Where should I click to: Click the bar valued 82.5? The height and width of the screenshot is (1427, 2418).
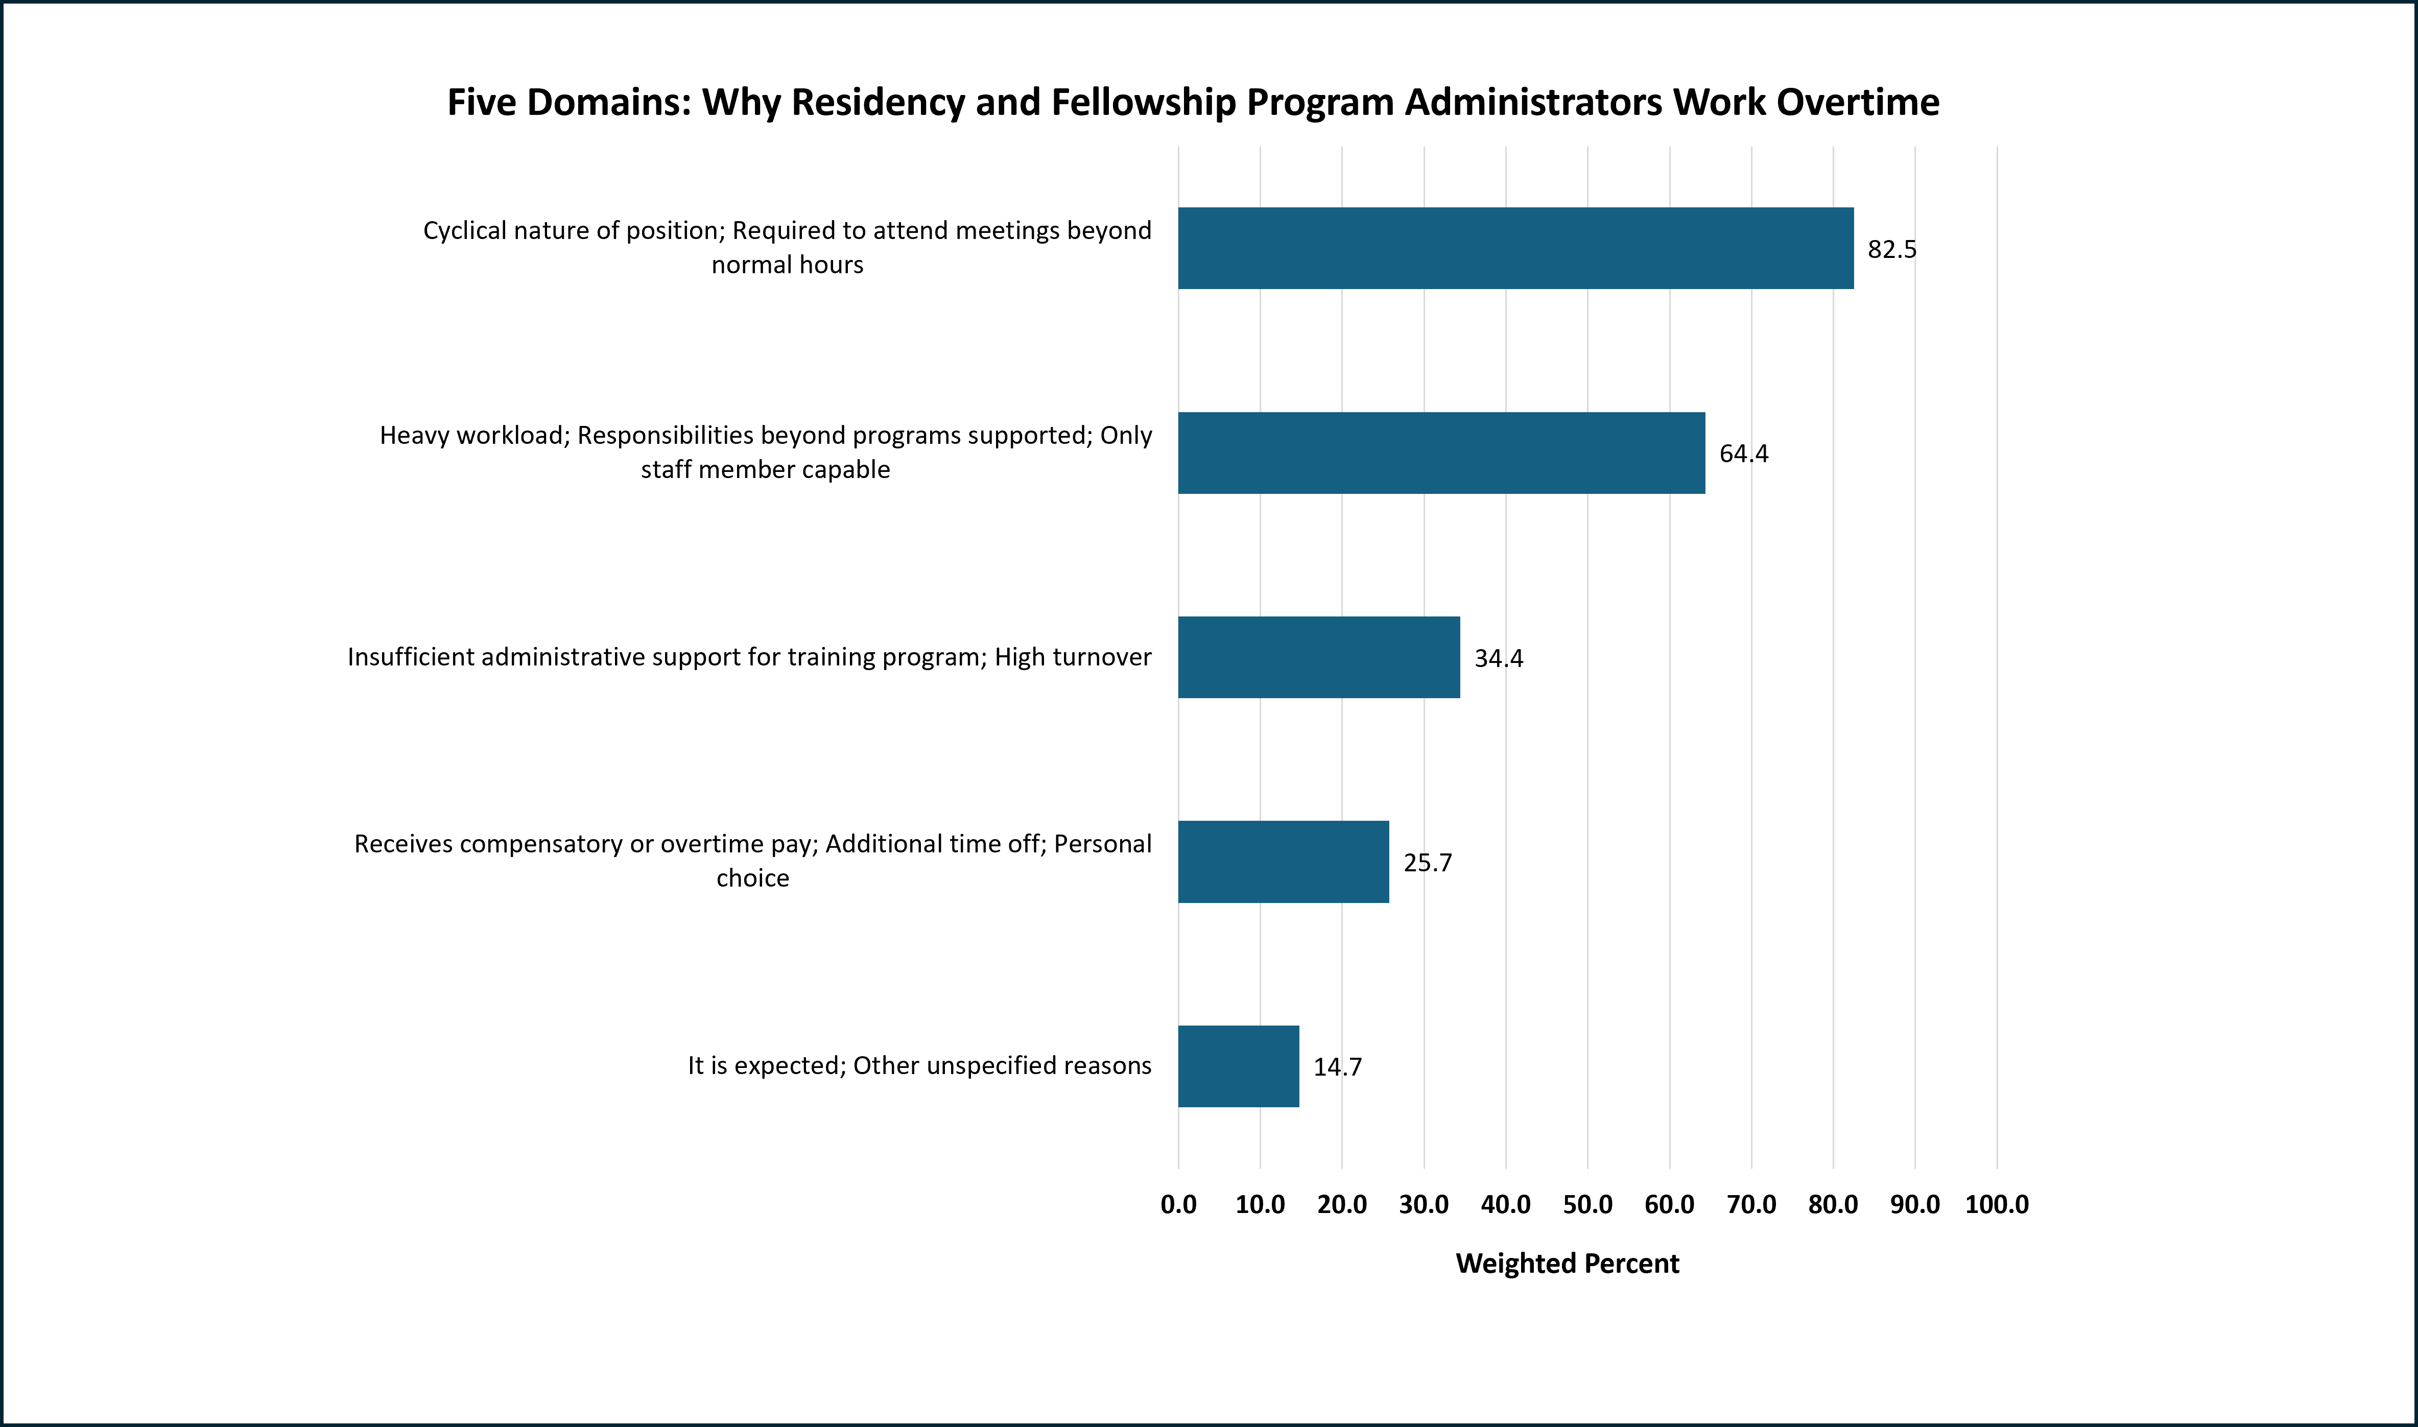pyautogui.click(x=1515, y=248)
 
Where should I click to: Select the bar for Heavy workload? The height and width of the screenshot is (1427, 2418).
pyautogui.click(x=1441, y=453)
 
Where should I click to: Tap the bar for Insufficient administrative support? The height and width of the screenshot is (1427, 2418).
pyautogui.click(x=1318, y=658)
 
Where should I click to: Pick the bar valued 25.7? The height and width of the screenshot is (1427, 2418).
pyautogui.click(x=1283, y=862)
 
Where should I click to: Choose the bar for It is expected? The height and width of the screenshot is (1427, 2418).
pyautogui.click(x=1238, y=1066)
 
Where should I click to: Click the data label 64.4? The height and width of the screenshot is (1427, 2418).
pyautogui.click(x=1743, y=454)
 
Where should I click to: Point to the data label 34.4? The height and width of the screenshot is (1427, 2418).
pyautogui.click(x=1498, y=659)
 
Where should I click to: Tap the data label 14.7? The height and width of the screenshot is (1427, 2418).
pyautogui.click(x=1337, y=1067)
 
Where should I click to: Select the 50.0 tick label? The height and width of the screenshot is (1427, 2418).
pyautogui.click(x=1587, y=1205)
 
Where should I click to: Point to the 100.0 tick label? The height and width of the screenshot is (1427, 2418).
pyautogui.click(x=1996, y=1205)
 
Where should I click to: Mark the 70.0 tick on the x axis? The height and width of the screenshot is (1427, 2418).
pyautogui.click(x=1751, y=1205)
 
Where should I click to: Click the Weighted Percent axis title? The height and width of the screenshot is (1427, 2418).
pyautogui.click(x=1567, y=1264)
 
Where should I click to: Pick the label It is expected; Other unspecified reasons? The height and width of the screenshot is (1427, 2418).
pyautogui.click(x=919, y=1065)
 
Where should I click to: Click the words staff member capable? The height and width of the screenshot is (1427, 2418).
pyautogui.click(x=765, y=469)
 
